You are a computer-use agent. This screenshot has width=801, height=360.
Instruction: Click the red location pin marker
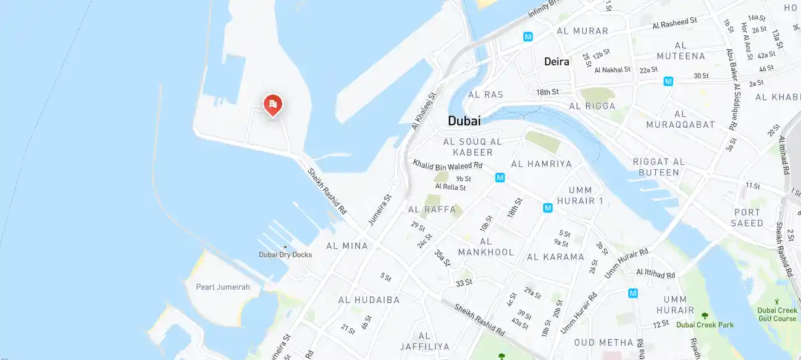click(272, 104)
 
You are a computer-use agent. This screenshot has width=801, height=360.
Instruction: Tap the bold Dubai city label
click(464, 121)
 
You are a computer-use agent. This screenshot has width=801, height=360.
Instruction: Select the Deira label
click(556, 62)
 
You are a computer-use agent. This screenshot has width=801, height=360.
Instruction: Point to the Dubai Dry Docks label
click(285, 254)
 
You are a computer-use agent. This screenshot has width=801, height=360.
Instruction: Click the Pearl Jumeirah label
click(223, 287)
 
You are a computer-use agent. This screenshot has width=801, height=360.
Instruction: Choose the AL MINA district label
click(347, 246)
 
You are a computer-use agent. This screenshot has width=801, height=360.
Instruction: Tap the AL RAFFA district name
click(432, 210)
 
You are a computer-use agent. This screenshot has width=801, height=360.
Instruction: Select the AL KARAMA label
click(555, 257)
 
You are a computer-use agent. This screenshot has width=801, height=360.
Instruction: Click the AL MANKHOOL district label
click(486, 247)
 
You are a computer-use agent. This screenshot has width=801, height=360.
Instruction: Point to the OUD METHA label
click(603, 343)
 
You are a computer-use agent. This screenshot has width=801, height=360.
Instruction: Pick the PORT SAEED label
click(748, 218)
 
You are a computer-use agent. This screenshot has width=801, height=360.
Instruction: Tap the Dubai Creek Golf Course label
click(777, 314)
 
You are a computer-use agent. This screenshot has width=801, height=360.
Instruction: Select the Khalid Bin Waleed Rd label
click(448, 165)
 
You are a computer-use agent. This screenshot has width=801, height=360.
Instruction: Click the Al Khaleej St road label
click(424, 111)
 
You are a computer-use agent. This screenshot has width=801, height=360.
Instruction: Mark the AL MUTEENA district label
click(681, 51)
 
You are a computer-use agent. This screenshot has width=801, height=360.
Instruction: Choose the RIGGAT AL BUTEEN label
click(659, 167)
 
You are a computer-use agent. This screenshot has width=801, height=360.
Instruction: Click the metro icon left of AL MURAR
click(528, 36)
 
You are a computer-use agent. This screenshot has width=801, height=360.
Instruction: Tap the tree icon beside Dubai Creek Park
click(705, 316)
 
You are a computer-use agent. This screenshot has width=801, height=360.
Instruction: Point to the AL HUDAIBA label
click(369, 300)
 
